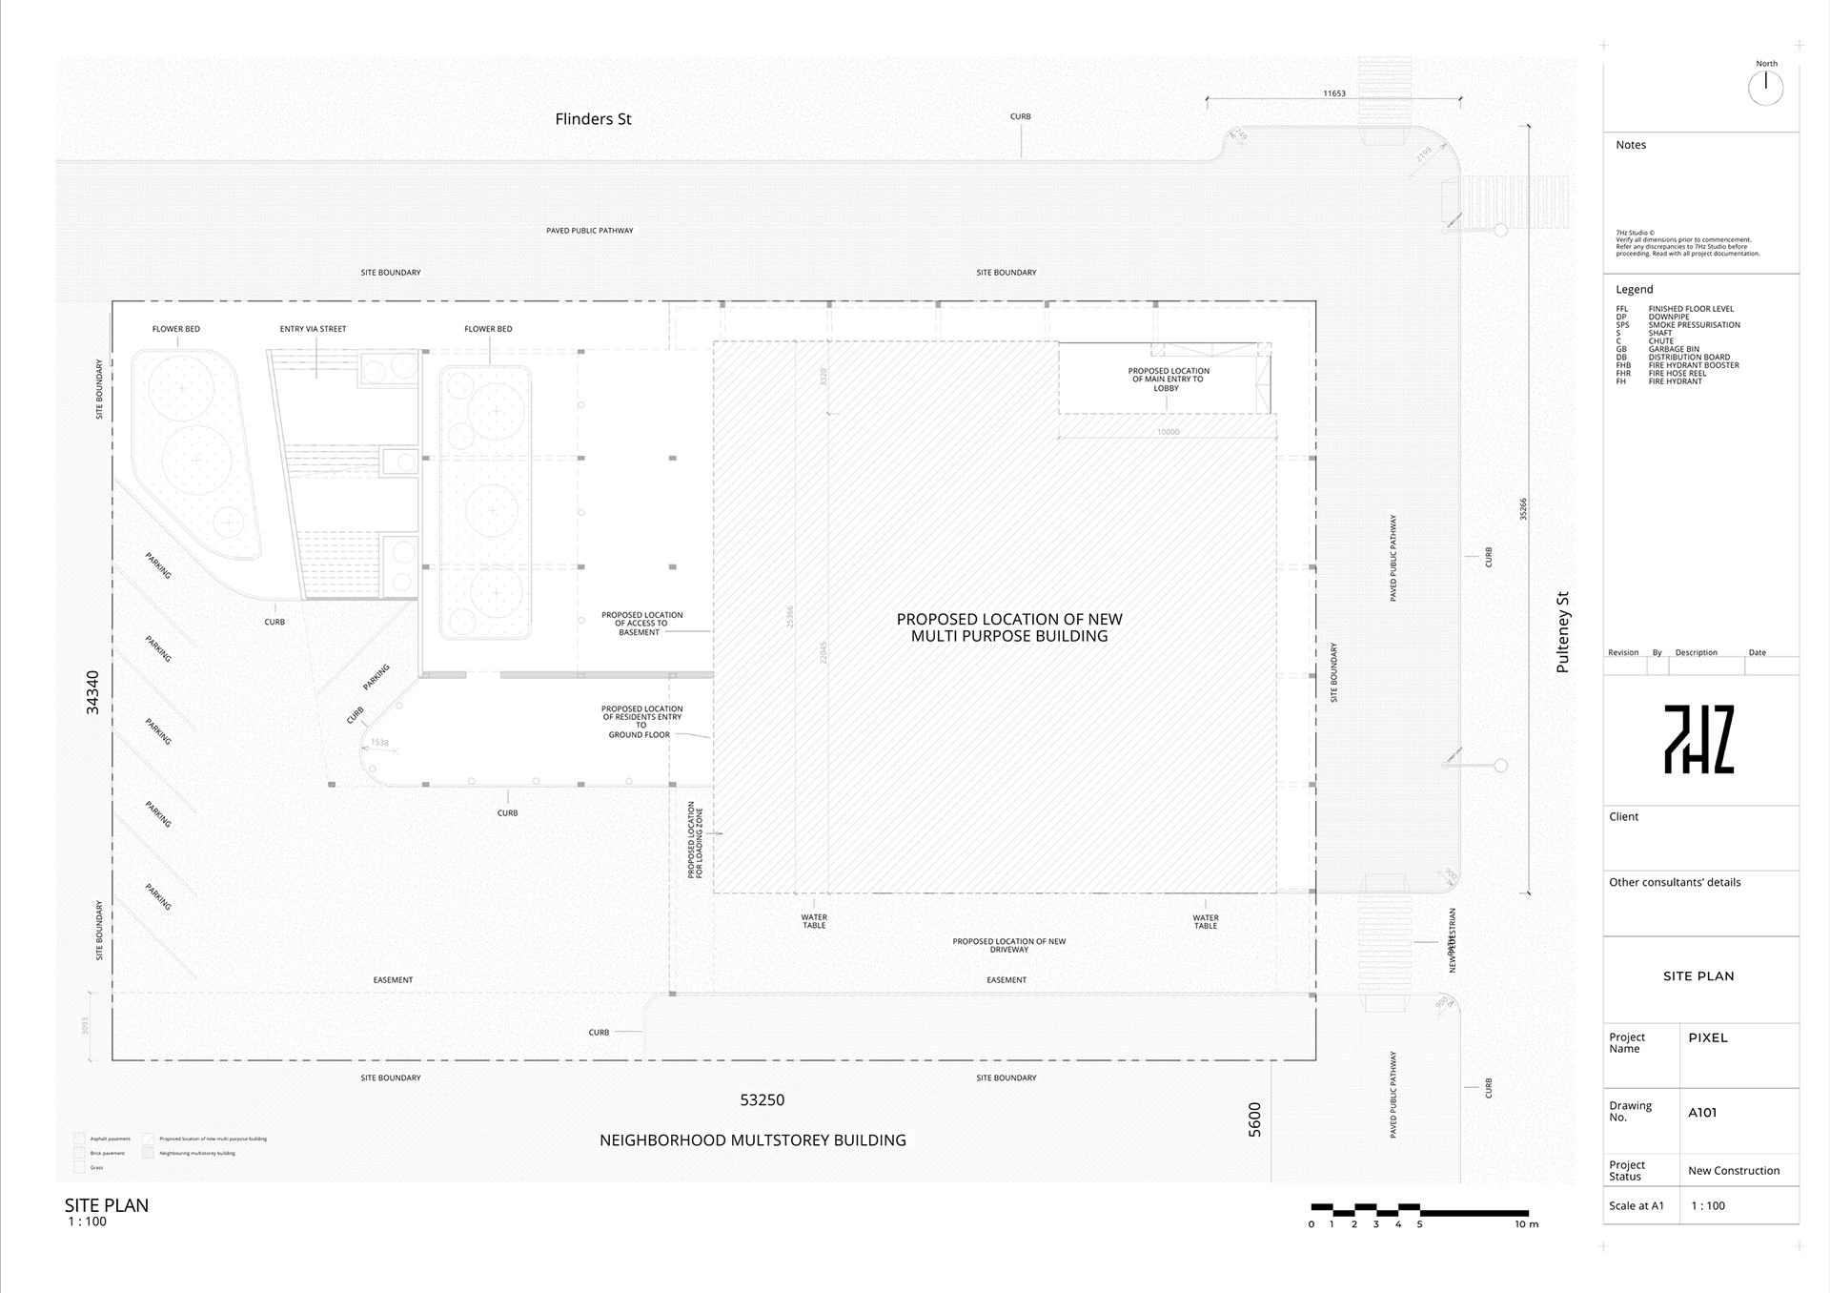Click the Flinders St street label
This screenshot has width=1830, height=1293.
click(x=593, y=119)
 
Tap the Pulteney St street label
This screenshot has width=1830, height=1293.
click(x=1562, y=632)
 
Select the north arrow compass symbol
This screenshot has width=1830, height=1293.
click(x=1765, y=88)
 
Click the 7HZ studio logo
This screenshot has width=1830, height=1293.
click(x=1698, y=739)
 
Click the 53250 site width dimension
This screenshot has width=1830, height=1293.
click(x=762, y=1100)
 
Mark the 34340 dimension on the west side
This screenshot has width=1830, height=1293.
click(x=92, y=692)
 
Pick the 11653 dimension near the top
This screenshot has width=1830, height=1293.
click(x=1333, y=93)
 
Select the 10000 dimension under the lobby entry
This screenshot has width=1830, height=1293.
click(x=1168, y=432)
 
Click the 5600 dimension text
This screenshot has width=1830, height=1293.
click(x=1254, y=1119)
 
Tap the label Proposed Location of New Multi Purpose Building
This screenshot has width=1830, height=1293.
click(x=1009, y=627)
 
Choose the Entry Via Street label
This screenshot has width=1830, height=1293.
click(x=313, y=329)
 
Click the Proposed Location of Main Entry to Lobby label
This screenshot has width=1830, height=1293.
click(x=1168, y=380)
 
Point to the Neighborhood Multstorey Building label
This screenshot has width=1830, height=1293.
click(x=752, y=1140)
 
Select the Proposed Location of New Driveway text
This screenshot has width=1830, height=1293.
click(x=1008, y=945)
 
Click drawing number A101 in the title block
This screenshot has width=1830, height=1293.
click(x=1702, y=1112)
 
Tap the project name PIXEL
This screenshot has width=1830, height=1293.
click(x=1707, y=1037)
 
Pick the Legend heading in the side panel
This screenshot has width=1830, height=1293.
click(x=1634, y=289)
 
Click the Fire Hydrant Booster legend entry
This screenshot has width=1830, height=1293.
click(x=1693, y=365)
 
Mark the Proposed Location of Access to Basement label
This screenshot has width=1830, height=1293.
click(x=641, y=624)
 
